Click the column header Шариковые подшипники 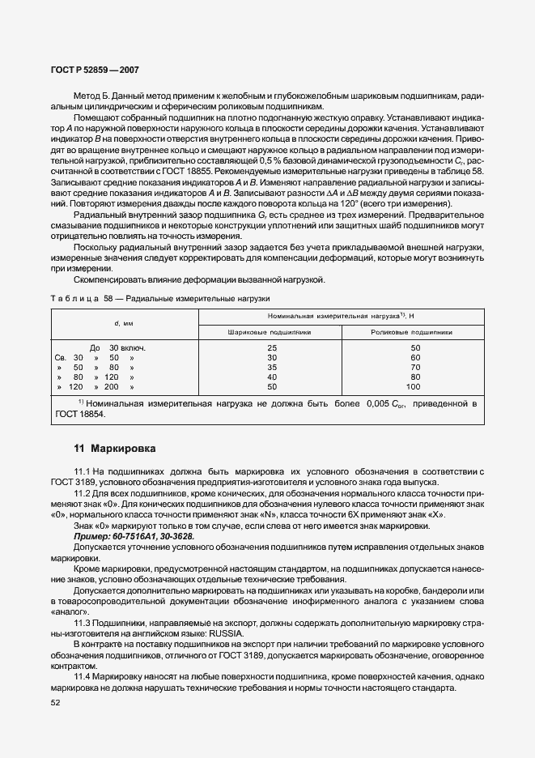270,332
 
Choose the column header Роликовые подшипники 412,332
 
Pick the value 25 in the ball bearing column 271,347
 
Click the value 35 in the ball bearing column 271,367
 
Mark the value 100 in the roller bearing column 413,386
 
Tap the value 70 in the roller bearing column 413,367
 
